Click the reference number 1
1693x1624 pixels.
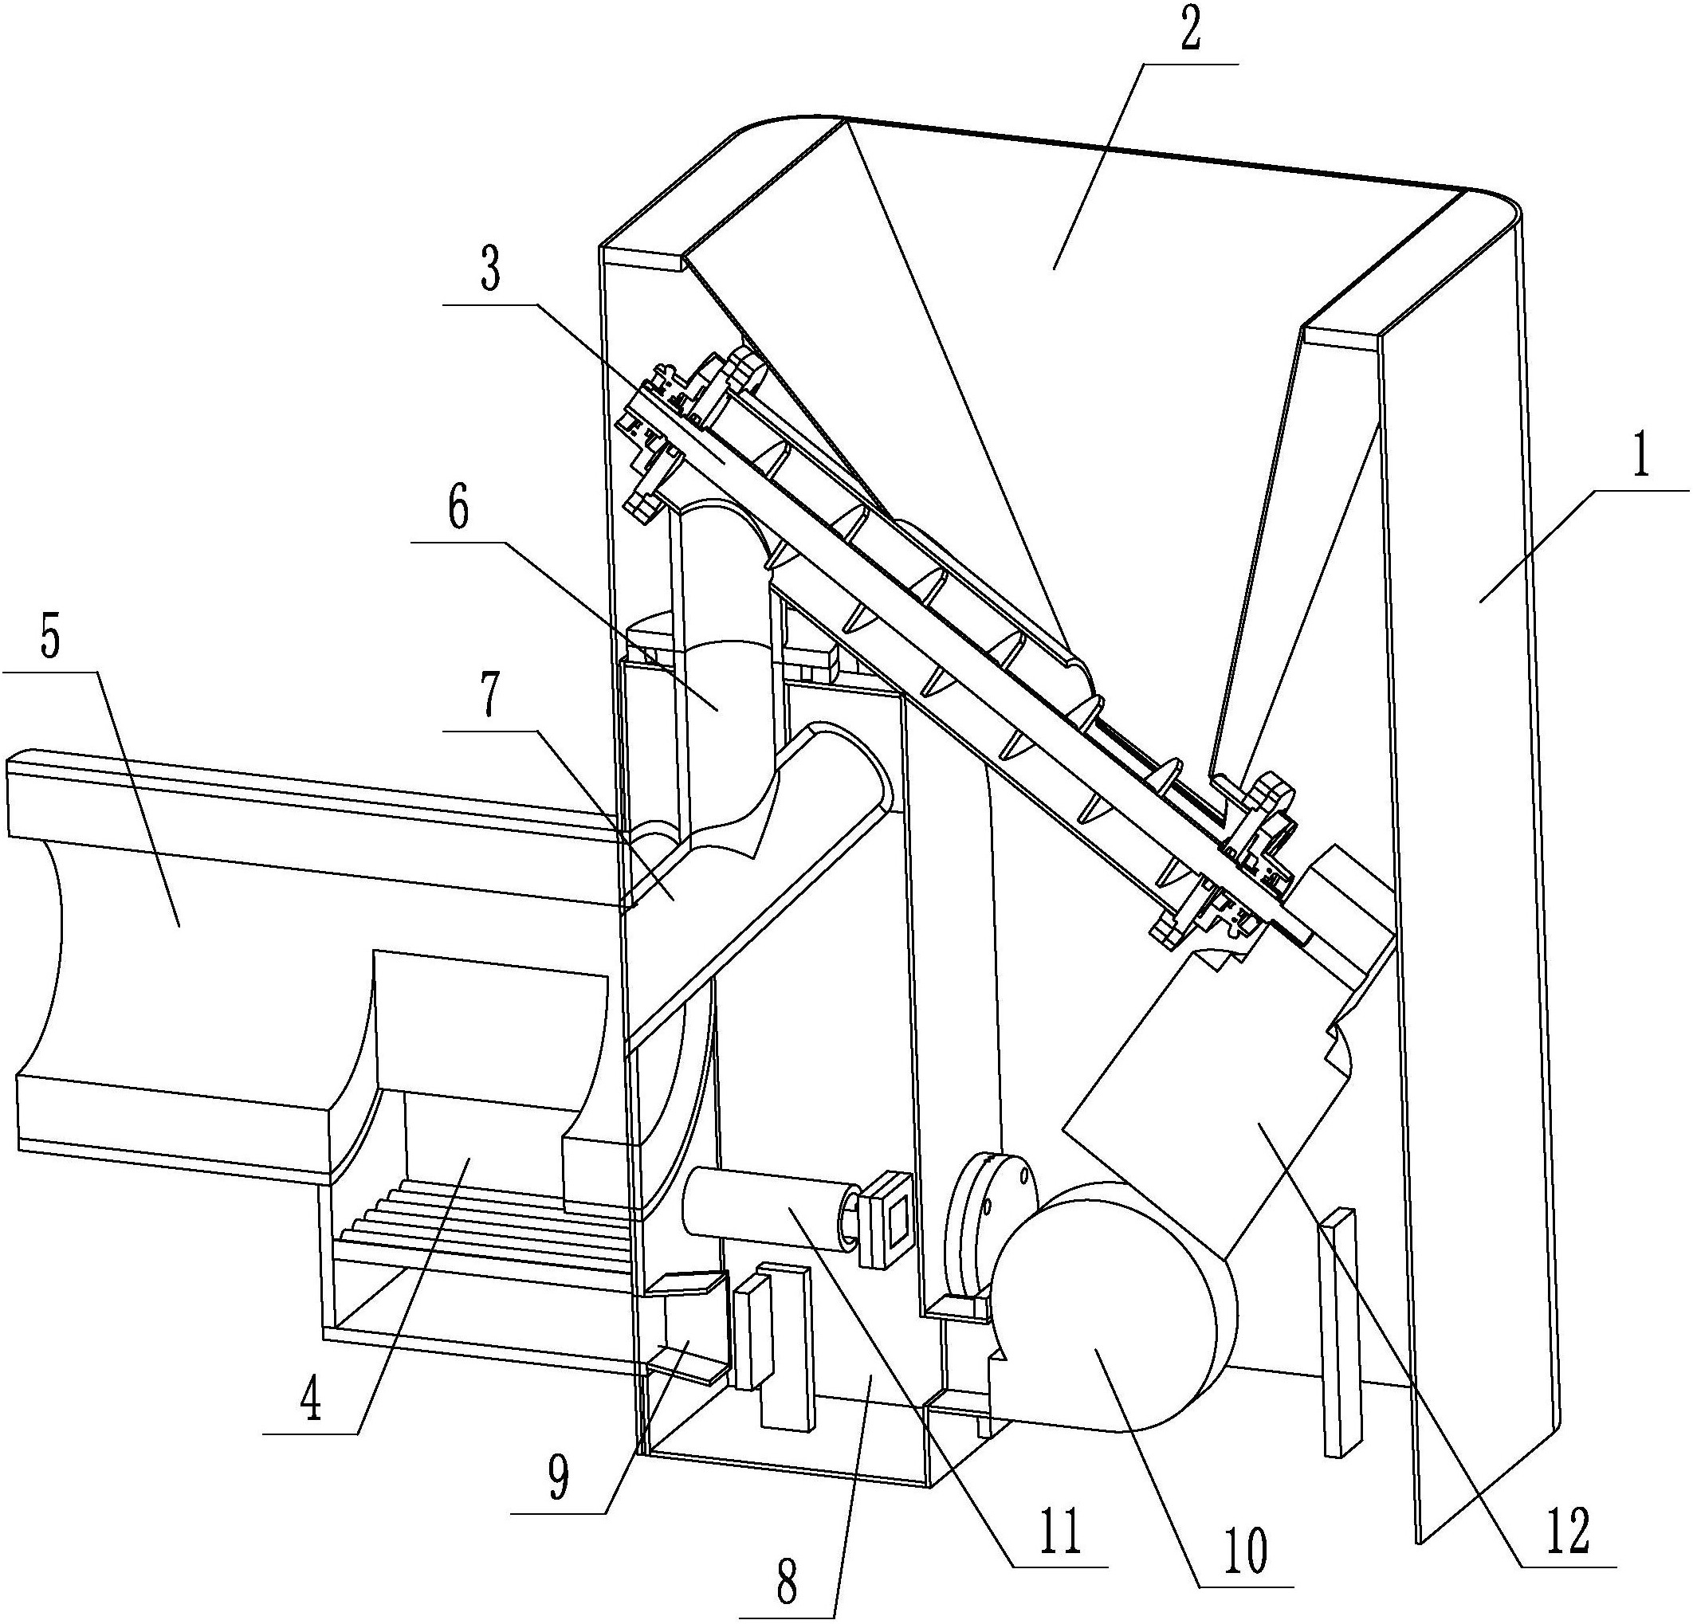[x=1638, y=456]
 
